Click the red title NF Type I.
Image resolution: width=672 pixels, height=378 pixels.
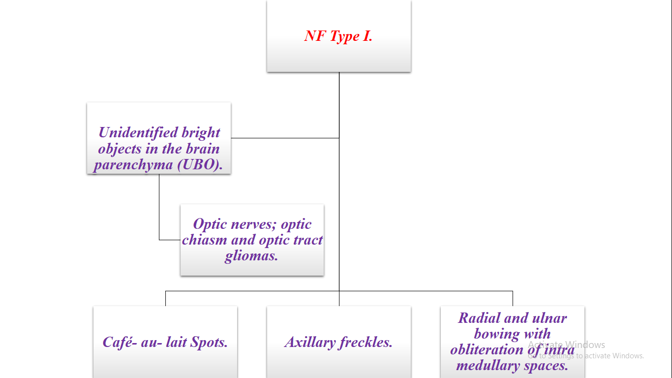pos(338,36)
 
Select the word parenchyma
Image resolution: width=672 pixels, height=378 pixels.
pos(133,165)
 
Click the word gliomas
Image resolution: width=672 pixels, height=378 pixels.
pos(251,256)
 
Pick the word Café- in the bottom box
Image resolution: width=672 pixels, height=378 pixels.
pos(120,342)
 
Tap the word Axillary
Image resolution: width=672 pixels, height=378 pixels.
pos(309,342)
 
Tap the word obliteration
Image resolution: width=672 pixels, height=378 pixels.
pos(487,350)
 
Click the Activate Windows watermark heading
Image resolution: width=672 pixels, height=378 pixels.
pos(566,345)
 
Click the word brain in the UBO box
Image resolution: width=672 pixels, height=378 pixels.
pos(202,149)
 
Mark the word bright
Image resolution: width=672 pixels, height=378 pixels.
pos(201,132)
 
